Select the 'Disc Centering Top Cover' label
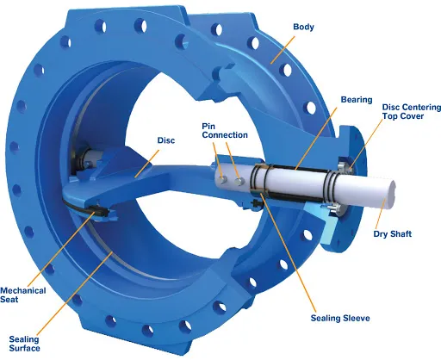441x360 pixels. coord(409,112)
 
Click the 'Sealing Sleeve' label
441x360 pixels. coord(339,319)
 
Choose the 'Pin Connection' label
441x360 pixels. coord(225,129)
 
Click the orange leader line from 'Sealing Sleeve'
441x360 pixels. coord(293,258)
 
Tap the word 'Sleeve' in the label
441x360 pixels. coord(356,319)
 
